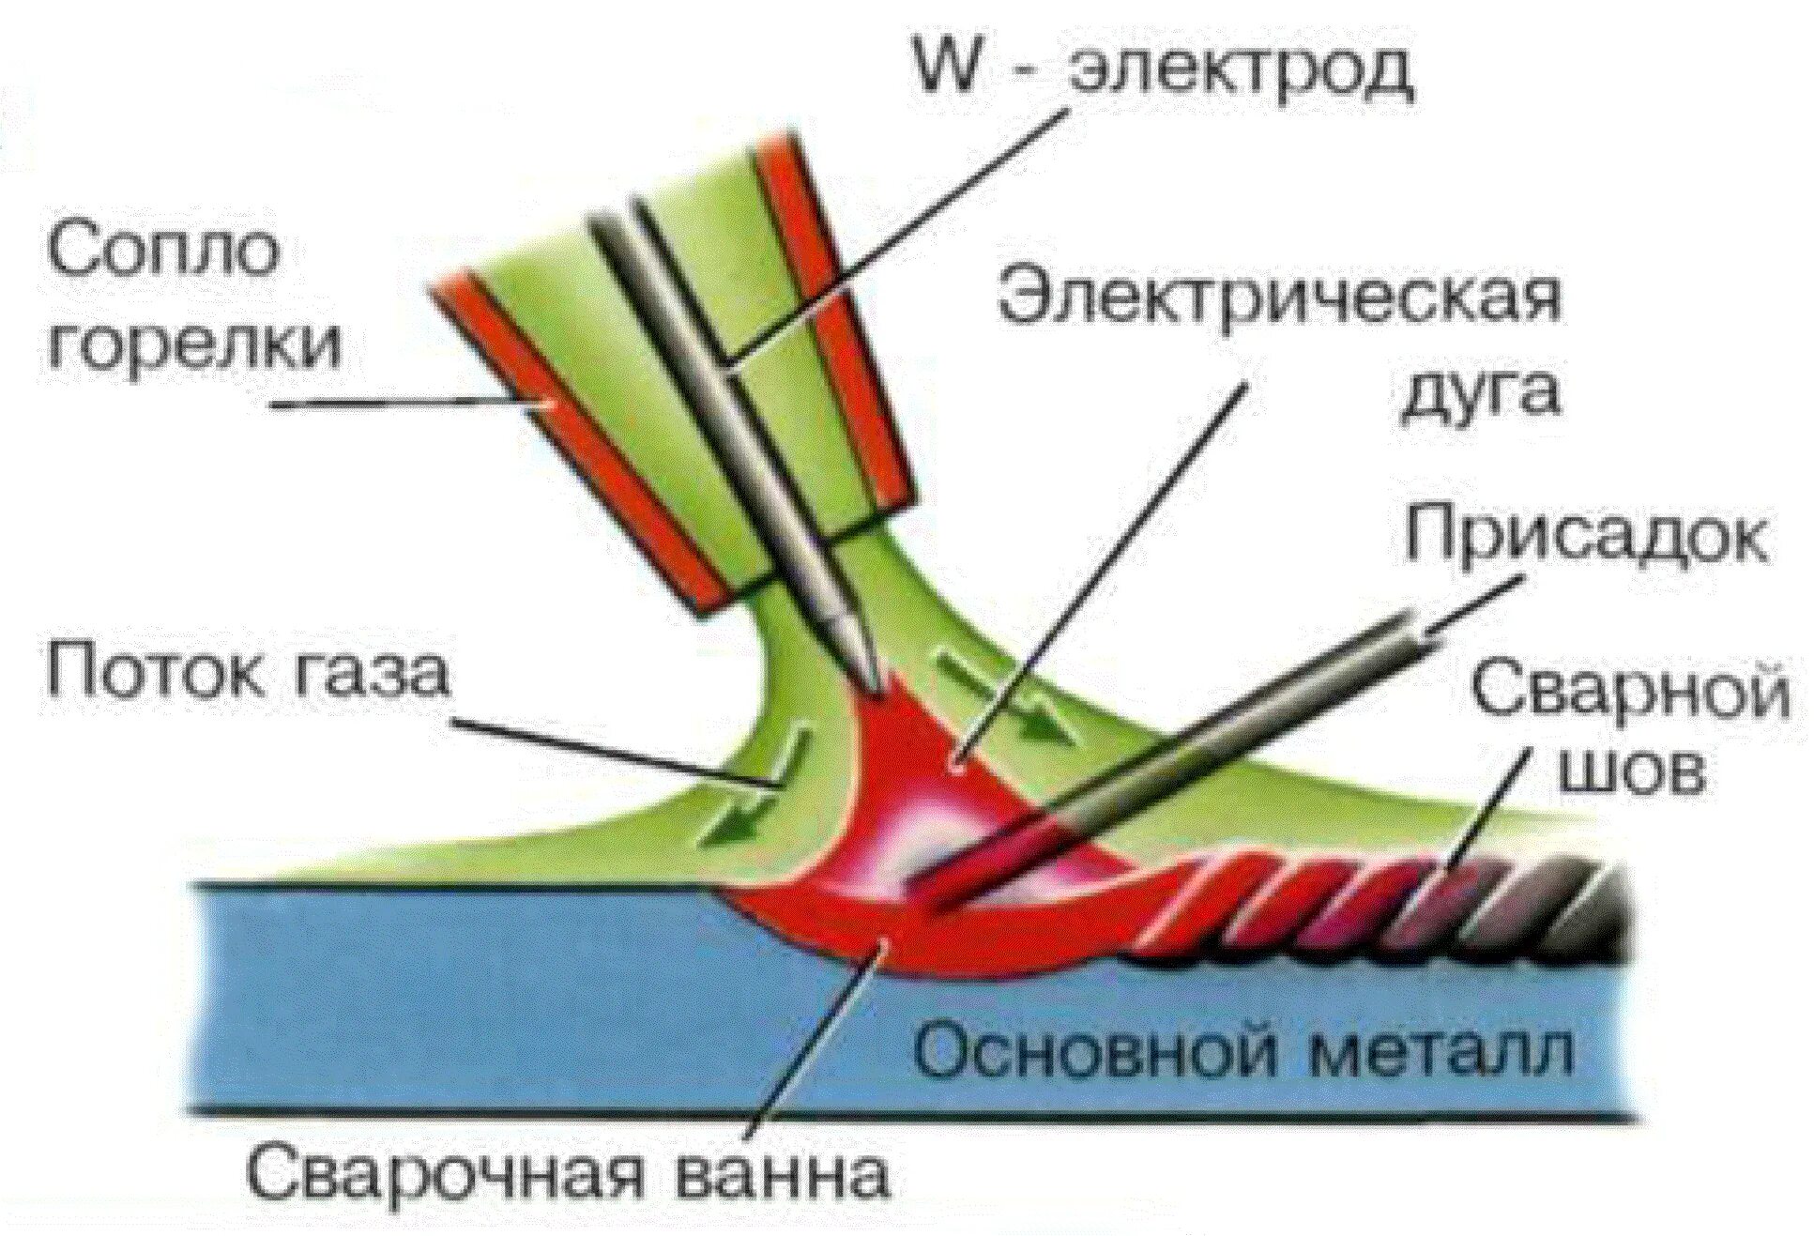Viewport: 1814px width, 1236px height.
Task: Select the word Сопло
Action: coord(164,249)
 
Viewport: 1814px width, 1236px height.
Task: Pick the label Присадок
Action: coord(1585,535)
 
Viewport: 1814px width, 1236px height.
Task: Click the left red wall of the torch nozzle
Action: coord(572,441)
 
